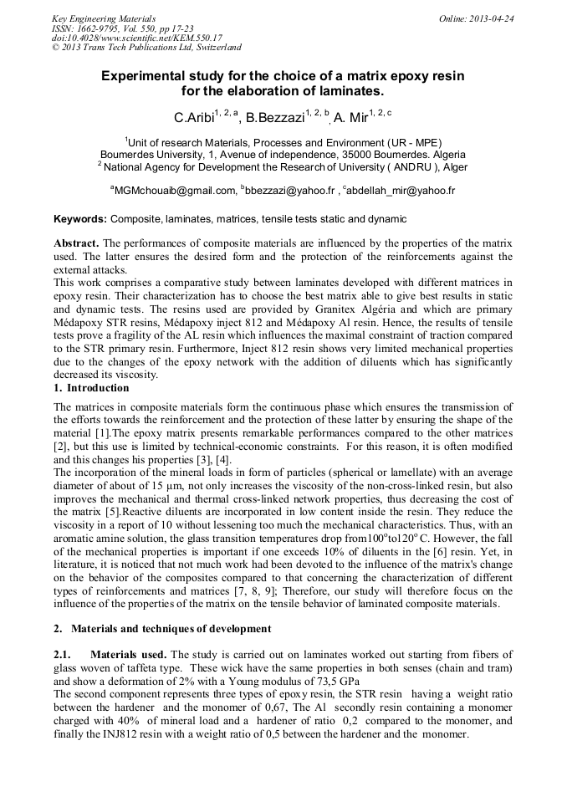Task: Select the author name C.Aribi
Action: [x=192, y=118]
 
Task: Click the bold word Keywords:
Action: [x=80, y=219]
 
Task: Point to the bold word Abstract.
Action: [x=76, y=243]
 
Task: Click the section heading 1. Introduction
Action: [x=91, y=388]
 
